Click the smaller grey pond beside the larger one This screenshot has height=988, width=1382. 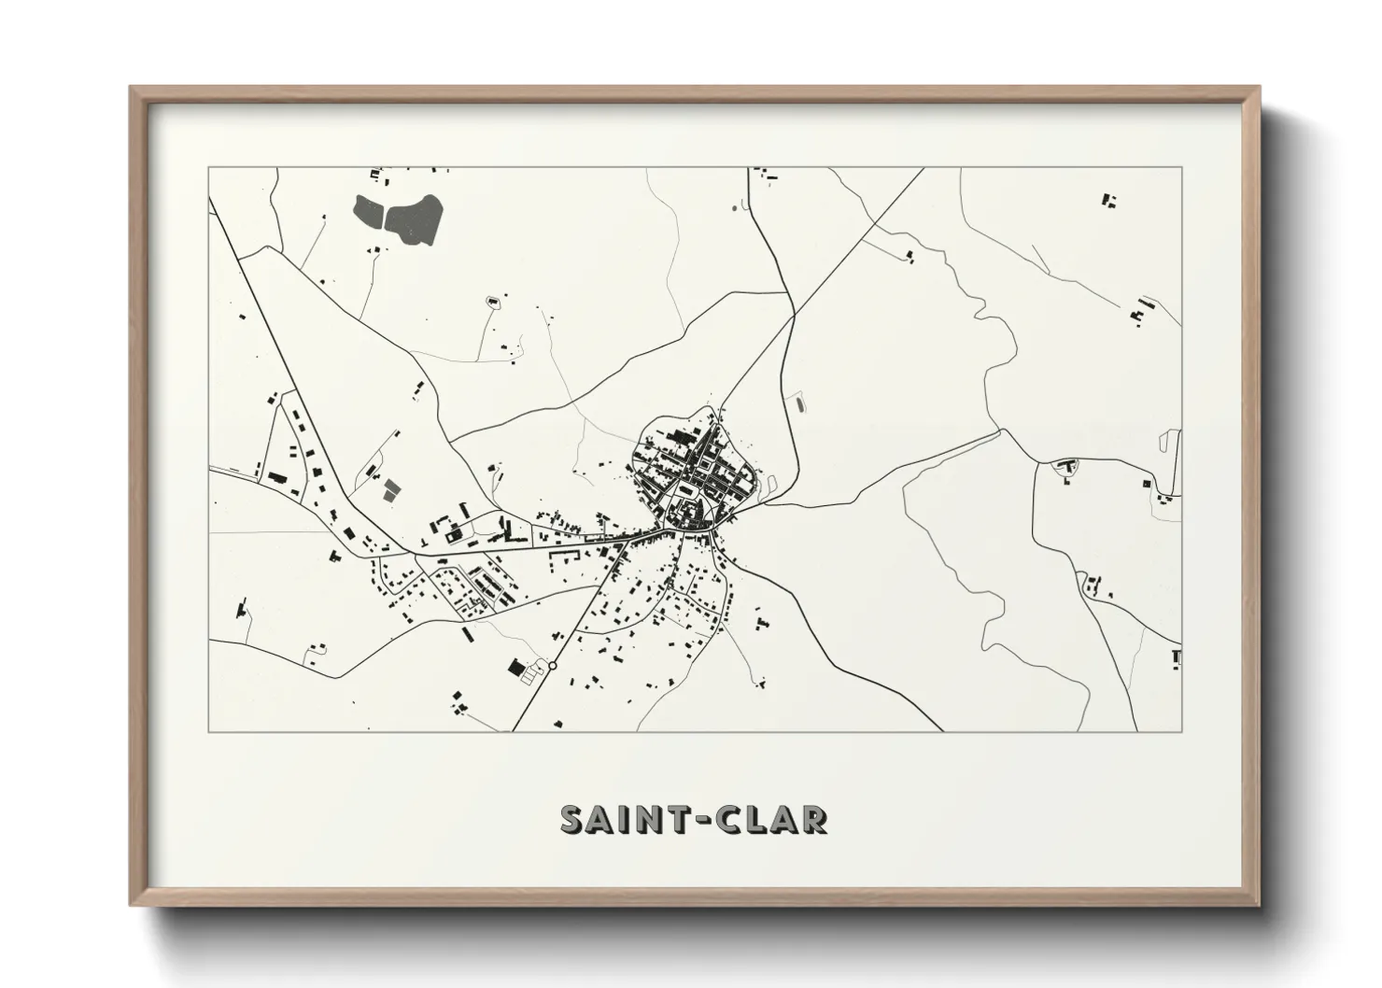tap(369, 212)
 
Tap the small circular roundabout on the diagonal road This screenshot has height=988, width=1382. tap(553, 666)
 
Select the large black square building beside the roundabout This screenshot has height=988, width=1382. tap(515, 667)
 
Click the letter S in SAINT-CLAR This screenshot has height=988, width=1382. tap(573, 819)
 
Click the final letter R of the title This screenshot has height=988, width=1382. tap(812, 819)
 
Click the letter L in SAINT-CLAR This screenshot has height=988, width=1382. tap(755, 819)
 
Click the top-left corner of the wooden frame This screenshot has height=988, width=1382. tap(133, 89)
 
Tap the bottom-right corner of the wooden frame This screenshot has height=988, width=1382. tap(1258, 904)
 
